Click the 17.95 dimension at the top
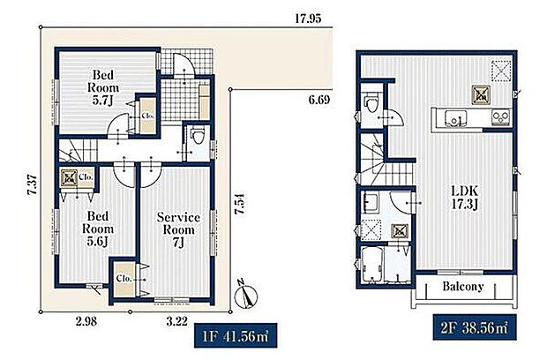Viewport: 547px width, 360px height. (x=308, y=19)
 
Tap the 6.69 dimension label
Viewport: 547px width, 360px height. (x=318, y=100)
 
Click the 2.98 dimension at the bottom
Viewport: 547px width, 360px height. (x=86, y=321)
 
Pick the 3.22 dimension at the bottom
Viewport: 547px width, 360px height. (x=176, y=321)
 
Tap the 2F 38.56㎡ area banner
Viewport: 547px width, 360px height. (x=475, y=327)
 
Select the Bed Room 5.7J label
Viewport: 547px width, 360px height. (x=103, y=87)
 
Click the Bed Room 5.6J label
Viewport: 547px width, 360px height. (x=98, y=229)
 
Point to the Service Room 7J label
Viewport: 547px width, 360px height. (x=178, y=230)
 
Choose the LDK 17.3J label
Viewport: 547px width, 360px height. (x=464, y=198)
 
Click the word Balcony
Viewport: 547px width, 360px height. (x=463, y=287)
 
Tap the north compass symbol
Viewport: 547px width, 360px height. (x=246, y=295)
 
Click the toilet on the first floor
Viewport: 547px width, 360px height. (x=199, y=135)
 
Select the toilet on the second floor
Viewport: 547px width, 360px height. (x=371, y=102)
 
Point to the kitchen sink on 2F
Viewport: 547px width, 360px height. (x=455, y=118)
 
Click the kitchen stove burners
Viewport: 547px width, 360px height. (x=500, y=117)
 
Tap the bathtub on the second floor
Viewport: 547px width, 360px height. (x=372, y=264)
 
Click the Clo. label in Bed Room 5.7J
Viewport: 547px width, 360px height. (x=147, y=116)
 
